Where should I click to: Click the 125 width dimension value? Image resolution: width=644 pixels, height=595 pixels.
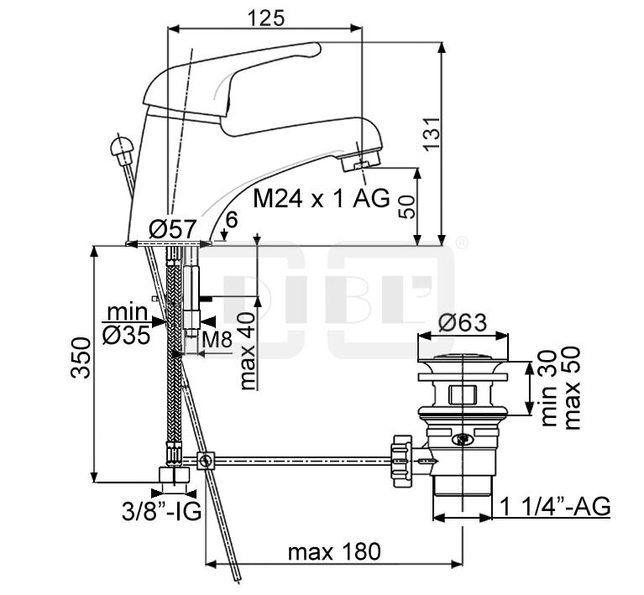coord(265,18)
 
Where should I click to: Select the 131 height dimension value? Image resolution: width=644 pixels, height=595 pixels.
coord(432,134)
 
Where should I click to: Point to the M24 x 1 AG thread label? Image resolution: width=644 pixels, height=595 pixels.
coord(322,199)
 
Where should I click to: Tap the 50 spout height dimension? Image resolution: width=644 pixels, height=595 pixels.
coord(407,207)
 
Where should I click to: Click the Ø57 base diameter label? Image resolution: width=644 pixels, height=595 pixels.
coord(172,229)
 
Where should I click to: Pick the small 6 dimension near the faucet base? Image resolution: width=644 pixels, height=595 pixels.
coord(232,220)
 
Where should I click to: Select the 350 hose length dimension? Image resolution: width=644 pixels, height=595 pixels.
coord(80,358)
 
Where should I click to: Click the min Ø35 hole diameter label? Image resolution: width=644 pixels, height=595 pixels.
coord(127,324)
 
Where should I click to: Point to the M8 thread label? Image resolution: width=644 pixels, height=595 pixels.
coord(217,340)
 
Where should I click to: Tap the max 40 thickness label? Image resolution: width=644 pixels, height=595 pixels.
coord(247,350)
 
